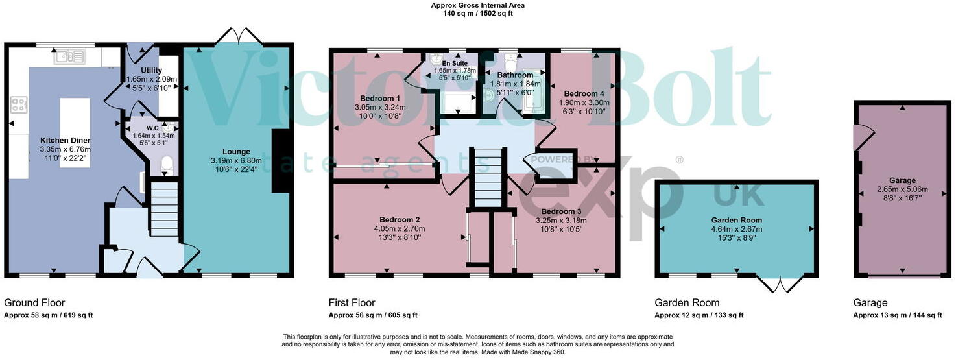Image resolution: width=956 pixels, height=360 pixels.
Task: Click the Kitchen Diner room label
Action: (x=65, y=140)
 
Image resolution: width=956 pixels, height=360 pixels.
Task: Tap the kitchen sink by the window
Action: (x=69, y=58)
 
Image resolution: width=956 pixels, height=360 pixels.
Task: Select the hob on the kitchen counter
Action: (x=19, y=104)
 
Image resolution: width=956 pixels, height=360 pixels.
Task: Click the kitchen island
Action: (x=75, y=132)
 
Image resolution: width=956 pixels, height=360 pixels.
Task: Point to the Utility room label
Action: (x=150, y=70)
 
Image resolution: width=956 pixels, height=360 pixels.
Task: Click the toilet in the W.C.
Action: (x=167, y=164)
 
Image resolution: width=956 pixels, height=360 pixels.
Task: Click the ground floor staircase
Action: (x=164, y=206)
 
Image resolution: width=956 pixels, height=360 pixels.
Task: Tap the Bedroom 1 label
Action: (x=379, y=99)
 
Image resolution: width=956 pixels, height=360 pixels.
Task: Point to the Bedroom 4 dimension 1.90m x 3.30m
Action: (x=584, y=102)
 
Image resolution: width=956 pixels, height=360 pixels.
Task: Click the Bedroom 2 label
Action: (x=399, y=219)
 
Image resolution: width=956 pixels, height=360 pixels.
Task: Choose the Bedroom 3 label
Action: (x=562, y=211)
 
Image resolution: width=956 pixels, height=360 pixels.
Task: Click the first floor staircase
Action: (x=486, y=176)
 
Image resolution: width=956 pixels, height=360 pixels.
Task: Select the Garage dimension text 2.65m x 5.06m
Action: (x=902, y=189)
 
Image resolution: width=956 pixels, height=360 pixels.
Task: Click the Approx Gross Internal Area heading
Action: (x=477, y=5)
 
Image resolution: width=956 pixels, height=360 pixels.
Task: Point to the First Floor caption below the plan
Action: (x=352, y=303)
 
